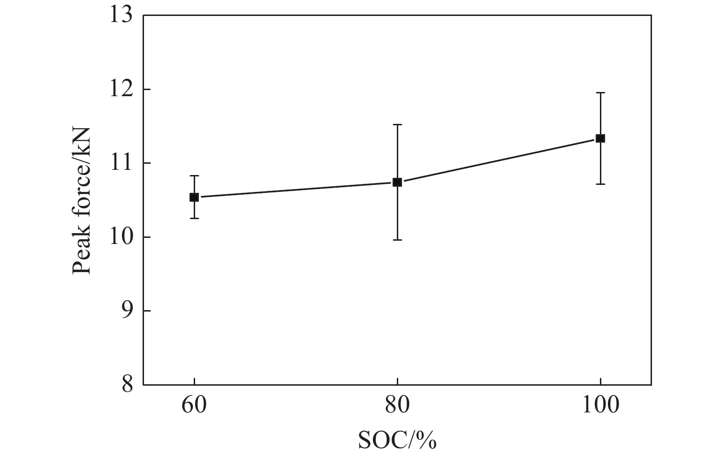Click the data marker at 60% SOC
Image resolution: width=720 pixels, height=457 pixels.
(x=194, y=197)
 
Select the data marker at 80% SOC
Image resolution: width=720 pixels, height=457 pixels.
(x=397, y=182)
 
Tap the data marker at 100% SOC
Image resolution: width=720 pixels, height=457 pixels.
(x=600, y=138)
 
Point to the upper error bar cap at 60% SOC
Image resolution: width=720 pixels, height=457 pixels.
(x=194, y=175)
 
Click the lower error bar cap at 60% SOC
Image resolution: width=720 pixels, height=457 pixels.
(x=194, y=218)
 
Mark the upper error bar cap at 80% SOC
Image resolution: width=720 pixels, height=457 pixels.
(x=397, y=125)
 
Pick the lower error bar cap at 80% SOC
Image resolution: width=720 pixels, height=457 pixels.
(x=397, y=240)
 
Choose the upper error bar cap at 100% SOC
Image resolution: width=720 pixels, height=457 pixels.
(x=600, y=93)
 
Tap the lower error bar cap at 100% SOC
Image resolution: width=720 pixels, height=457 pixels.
(x=600, y=184)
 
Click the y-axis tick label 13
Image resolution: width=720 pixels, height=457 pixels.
(x=121, y=16)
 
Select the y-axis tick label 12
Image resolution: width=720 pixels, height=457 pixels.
(x=121, y=90)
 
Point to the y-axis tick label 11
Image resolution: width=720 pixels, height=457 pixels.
(x=121, y=163)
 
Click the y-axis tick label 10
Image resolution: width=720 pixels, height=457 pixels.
(x=121, y=237)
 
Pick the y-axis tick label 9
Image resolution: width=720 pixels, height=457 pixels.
(x=127, y=311)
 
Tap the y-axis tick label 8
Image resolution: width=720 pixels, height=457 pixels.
(x=127, y=385)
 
